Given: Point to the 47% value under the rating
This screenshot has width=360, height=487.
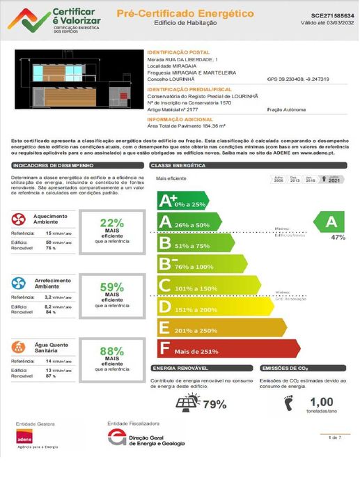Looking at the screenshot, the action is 338,238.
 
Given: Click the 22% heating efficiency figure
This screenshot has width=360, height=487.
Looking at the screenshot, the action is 111,223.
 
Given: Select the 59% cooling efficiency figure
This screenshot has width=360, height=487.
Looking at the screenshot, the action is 111,286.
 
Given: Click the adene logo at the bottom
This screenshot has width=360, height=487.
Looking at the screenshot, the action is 25,438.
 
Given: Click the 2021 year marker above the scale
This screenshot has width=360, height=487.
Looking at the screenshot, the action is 334,180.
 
